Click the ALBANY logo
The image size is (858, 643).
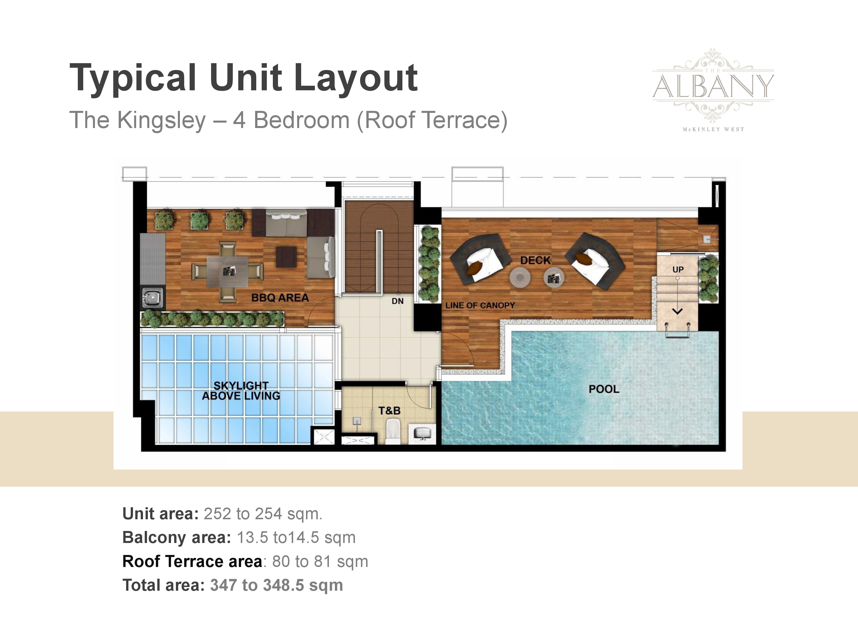tap(713, 90)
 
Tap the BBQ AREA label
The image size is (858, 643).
tap(280, 298)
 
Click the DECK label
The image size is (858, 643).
tap(535, 260)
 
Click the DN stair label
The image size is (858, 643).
tap(398, 301)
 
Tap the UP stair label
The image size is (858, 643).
tap(678, 269)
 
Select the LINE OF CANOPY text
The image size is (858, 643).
tap(480, 305)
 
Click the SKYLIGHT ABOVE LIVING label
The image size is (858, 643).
tap(241, 391)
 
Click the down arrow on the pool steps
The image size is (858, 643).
tap(677, 311)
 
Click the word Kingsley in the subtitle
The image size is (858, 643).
tap(161, 121)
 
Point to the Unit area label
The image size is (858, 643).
tap(160, 514)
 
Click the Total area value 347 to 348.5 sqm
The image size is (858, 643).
tap(277, 585)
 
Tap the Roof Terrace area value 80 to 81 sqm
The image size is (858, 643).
tap(320, 561)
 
